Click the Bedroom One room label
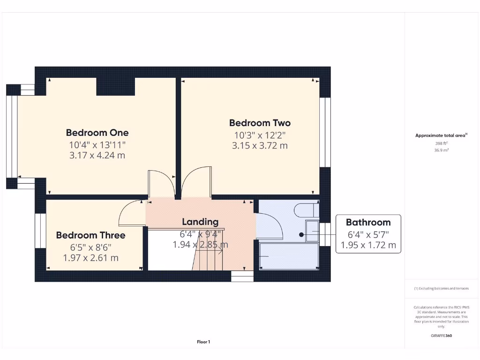[97, 133]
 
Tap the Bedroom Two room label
[260, 123]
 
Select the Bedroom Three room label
[90, 235]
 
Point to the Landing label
[200, 222]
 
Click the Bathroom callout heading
[368, 222]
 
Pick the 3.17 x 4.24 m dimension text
[97, 155]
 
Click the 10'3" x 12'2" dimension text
[260, 135]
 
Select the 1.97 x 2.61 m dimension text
[90, 257]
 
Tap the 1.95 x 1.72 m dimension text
[368, 245]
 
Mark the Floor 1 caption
[203, 342]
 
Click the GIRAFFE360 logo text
[441, 336]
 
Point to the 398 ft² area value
[441, 144]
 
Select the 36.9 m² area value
[441, 150]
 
